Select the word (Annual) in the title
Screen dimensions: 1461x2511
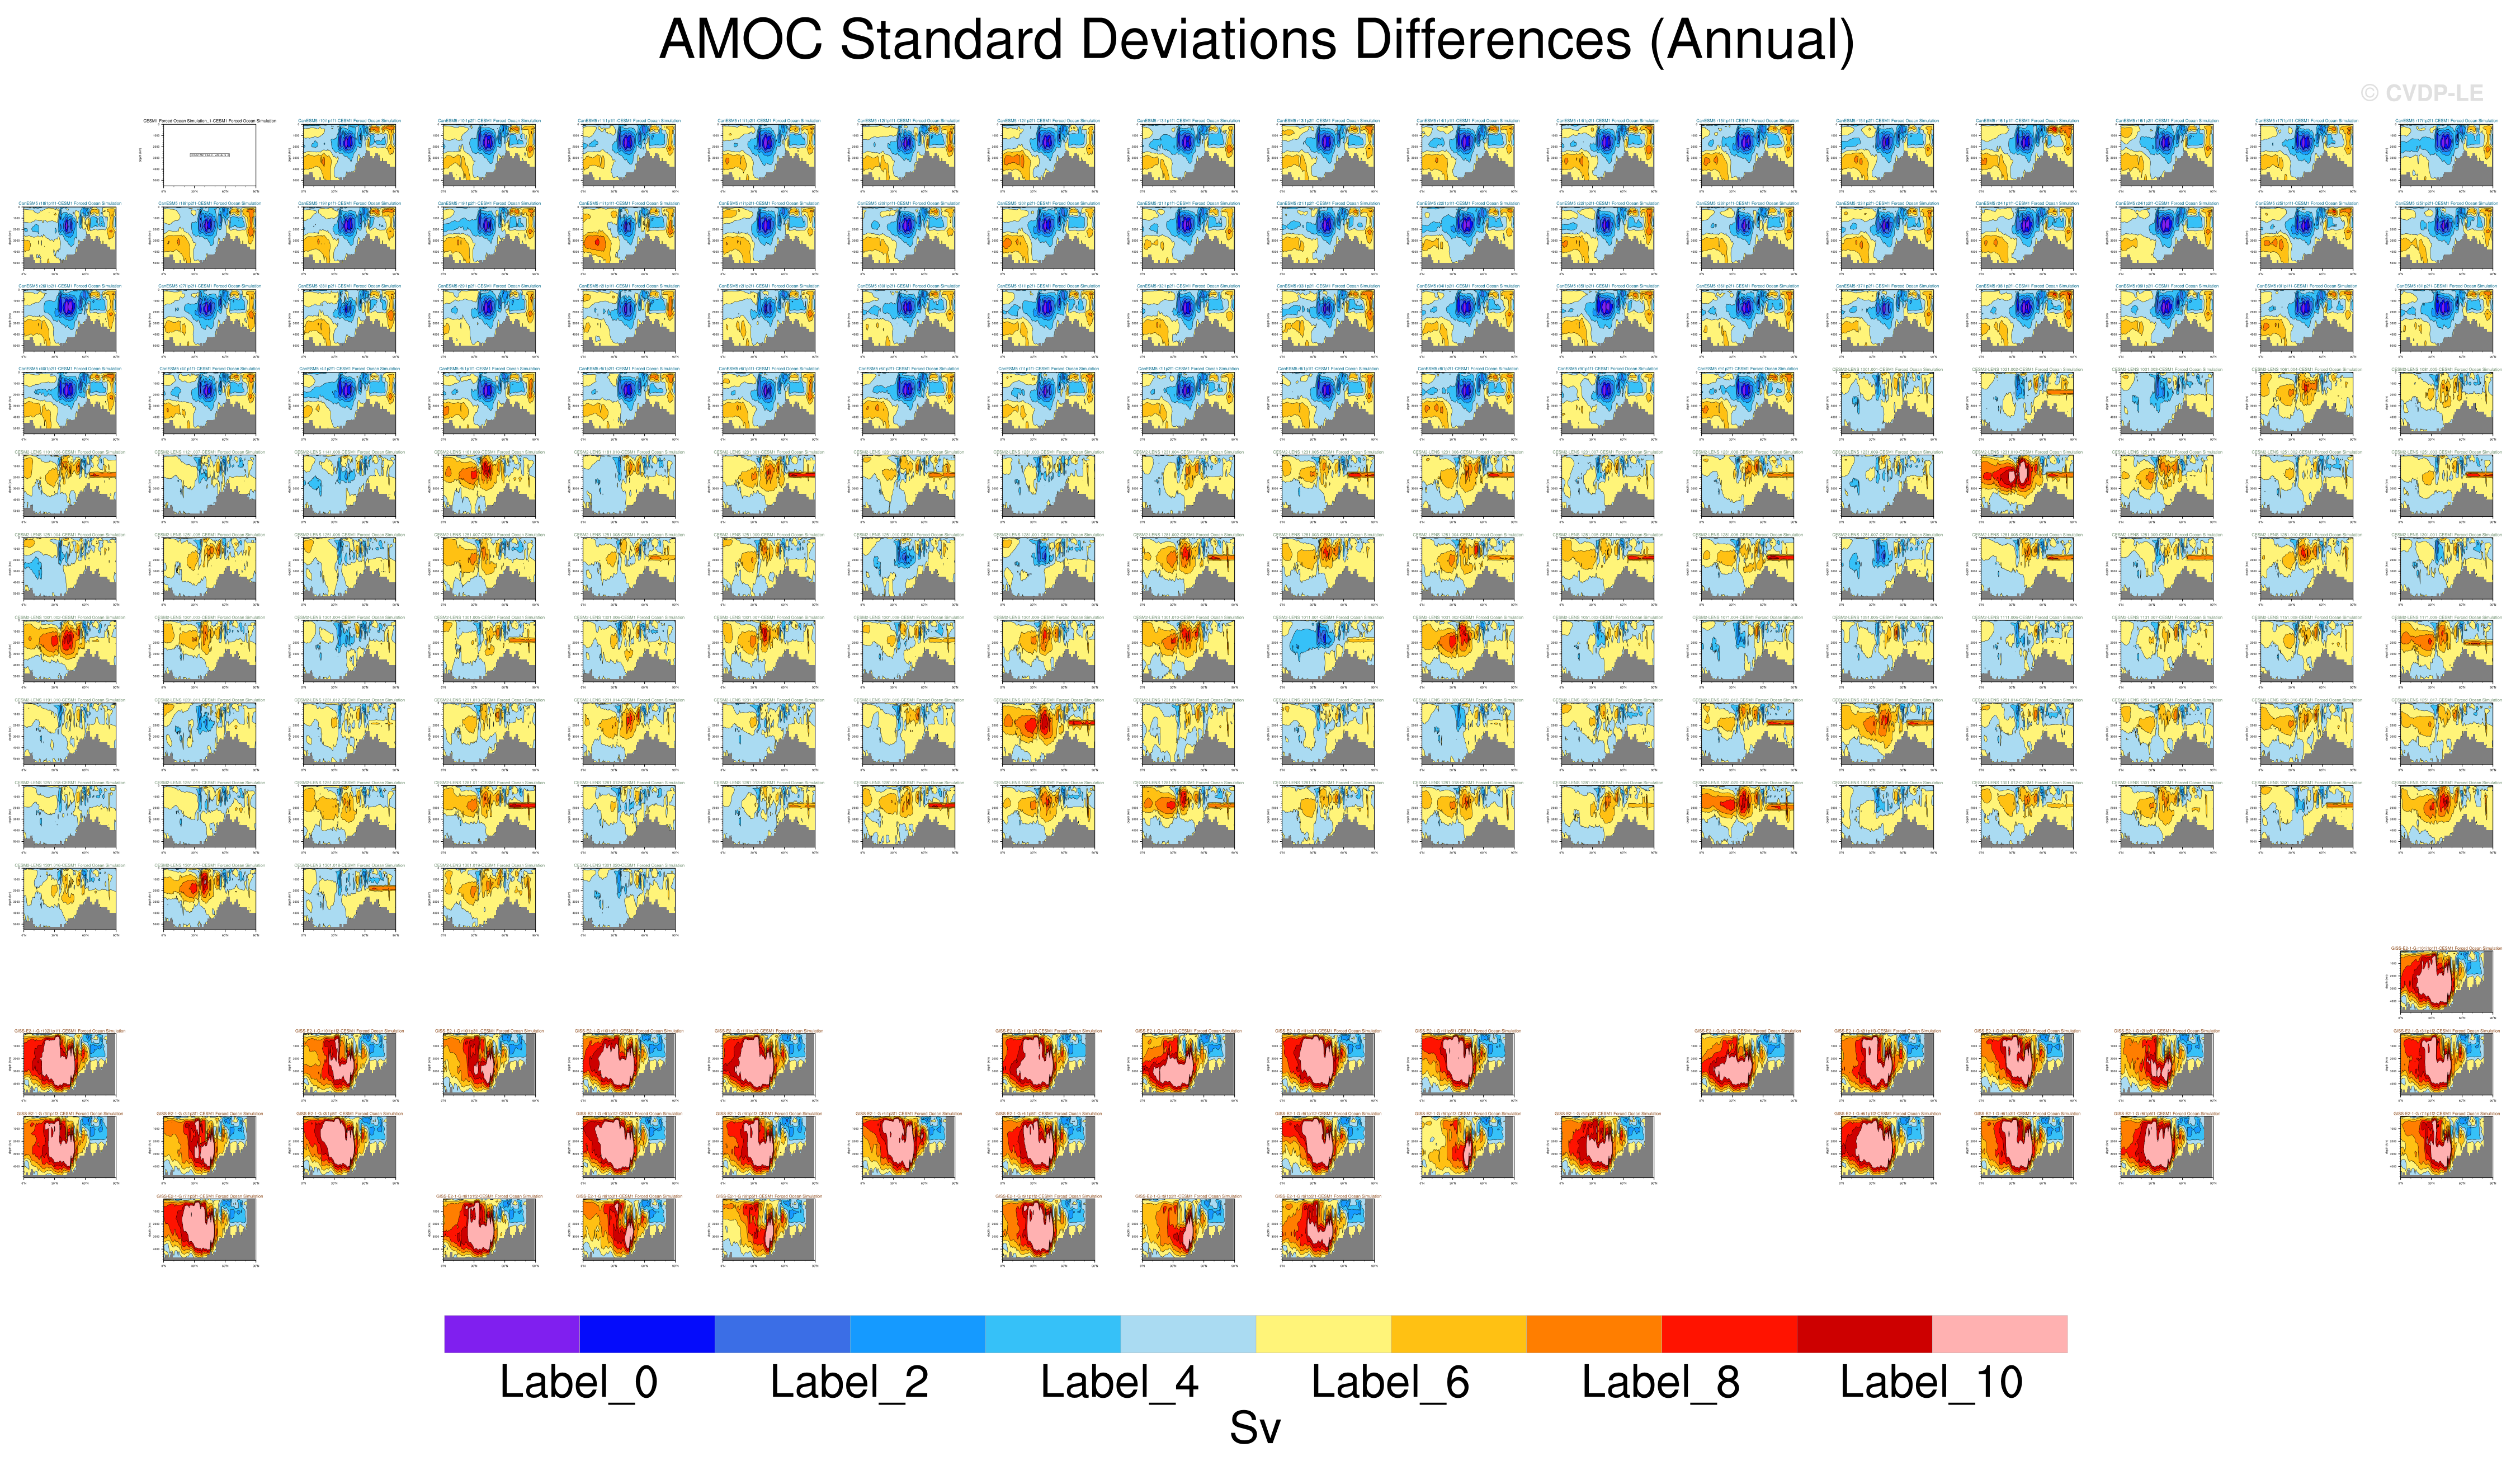1752,41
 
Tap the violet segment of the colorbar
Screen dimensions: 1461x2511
511,1333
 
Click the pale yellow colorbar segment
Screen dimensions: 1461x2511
1323,1333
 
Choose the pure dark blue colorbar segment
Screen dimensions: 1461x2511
646,1333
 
